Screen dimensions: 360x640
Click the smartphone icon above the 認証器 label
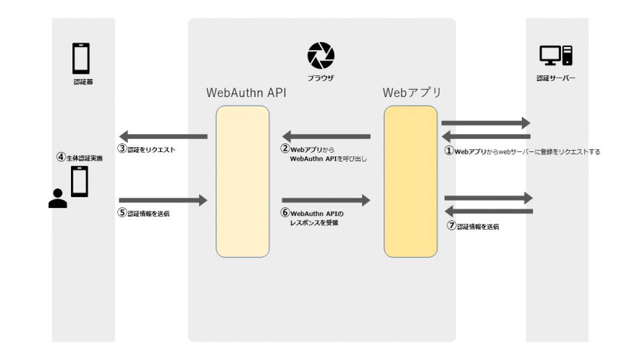pyautogui.click(x=81, y=58)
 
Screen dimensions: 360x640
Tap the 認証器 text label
pyautogui.click(x=83, y=83)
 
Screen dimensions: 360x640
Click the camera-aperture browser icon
pyautogui.click(x=320, y=55)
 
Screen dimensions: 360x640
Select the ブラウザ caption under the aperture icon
pyautogui.click(x=320, y=77)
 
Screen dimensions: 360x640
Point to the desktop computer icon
pyautogui.click(x=555, y=56)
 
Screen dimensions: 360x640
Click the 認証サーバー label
pyautogui.click(x=555, y=78)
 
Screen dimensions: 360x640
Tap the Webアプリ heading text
pyautogui.click(x=411, y=93)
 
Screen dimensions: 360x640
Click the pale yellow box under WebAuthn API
pyautogui.click(x=243, y=181)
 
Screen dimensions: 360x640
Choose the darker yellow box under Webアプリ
pyautogui.click(x=410, y=181)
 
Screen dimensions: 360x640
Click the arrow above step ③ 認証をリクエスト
pyautogui.click(x=163, y=136)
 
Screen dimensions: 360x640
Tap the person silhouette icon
pyautogui.click(x=57, y=197)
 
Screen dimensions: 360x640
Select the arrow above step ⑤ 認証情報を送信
pyautogui.click(x=163, y=199)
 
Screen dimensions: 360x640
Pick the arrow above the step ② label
pyautogui.click(x=326, y=136)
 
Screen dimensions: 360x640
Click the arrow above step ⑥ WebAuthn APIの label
pyautogui.click(x=326, y=199)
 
